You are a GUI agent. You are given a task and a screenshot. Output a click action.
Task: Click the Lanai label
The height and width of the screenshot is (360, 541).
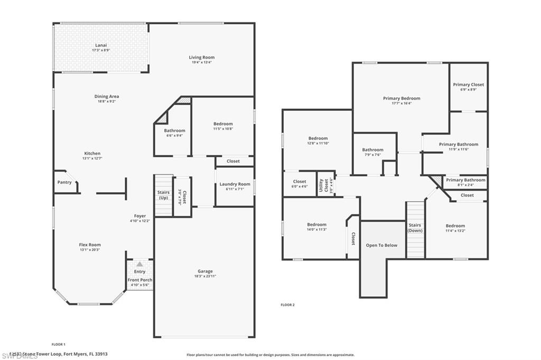[101, 46]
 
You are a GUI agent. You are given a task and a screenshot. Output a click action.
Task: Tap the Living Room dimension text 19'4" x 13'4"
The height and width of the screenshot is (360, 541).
[202, 62]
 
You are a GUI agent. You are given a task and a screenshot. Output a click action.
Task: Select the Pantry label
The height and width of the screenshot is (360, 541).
[64, 183]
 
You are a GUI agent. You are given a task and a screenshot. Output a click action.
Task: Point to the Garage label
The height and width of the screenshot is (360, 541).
[205, 271]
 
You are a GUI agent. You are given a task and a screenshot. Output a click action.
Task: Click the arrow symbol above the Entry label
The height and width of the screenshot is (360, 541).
[139, 264]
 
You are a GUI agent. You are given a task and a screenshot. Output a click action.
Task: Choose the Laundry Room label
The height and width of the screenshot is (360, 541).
[235, 184]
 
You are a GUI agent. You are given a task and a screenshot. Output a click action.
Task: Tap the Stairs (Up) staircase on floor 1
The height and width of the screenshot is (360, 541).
[163, 195]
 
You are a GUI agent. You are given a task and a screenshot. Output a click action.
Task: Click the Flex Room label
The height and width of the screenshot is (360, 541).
[90, 245]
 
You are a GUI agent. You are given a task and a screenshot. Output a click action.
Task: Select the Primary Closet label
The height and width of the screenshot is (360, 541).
[468, 84]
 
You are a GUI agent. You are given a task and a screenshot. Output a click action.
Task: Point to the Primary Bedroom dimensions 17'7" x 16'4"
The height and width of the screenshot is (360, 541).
[402, 103]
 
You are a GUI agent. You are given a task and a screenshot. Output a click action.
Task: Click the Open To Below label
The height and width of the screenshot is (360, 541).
[382, 245]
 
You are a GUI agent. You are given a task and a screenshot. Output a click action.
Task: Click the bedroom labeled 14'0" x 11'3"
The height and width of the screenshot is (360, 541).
[317, 227]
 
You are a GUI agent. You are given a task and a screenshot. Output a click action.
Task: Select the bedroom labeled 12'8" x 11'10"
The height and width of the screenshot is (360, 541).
[318, 140]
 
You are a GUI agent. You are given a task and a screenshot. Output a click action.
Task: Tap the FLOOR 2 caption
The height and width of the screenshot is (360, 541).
[287, 305]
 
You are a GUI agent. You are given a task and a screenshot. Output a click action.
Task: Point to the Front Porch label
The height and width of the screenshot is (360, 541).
[139, 280]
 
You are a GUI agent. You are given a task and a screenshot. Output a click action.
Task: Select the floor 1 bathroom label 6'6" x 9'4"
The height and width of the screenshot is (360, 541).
[174, 135]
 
